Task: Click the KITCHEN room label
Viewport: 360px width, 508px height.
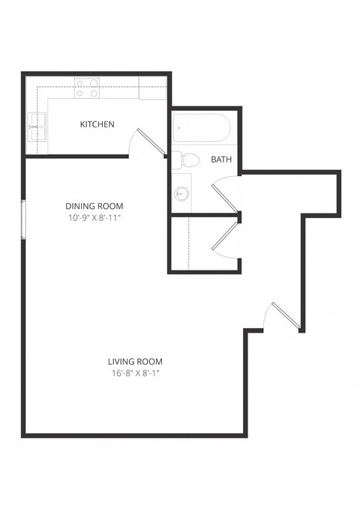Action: (97, 124)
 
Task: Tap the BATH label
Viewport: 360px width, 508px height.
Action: (221, 160)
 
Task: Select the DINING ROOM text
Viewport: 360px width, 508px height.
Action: (94, 206)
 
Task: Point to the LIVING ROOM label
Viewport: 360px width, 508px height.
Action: (135, 360)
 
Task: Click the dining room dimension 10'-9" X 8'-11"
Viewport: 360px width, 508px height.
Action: (94, 218)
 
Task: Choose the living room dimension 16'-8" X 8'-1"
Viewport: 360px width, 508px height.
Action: (135, 372)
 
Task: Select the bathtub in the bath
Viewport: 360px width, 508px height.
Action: (201, 129)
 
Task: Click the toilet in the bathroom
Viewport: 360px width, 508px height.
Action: (184, 159)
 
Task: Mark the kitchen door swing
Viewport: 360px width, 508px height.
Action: (147, 142)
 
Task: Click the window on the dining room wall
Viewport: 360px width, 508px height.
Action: (24, 220)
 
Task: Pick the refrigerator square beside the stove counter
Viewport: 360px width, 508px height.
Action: (153, 88)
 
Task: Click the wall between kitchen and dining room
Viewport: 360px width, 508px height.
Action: (75, 156)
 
